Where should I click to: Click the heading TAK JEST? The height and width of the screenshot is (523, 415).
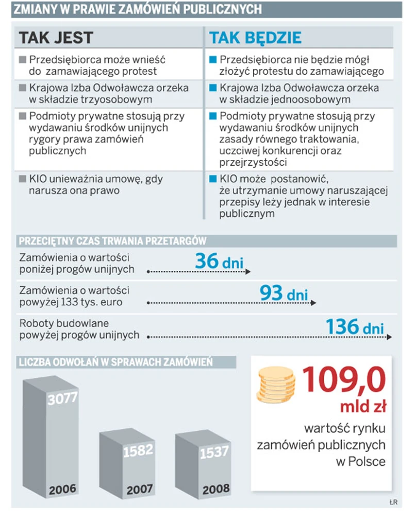56,38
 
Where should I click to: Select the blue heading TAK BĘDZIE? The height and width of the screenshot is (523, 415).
255,38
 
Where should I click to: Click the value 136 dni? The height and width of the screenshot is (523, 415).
355,327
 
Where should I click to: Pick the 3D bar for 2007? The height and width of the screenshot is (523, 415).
127,463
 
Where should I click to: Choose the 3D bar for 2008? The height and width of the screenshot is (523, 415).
203,463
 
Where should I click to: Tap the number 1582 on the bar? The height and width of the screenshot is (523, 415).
138,451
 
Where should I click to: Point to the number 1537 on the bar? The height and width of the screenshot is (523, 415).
214,452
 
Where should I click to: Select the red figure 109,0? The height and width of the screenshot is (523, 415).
344,381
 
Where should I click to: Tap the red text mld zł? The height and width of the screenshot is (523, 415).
363,407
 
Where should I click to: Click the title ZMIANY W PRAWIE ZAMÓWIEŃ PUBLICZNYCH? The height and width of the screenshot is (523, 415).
137,9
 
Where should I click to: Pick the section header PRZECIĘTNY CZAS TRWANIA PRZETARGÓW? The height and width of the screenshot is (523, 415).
113,241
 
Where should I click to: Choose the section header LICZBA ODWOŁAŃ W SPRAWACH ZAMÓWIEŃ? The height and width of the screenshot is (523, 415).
115,362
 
